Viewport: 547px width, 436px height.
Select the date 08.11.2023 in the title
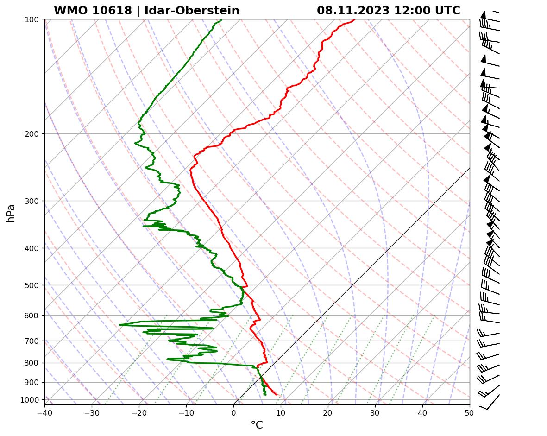point(353,11)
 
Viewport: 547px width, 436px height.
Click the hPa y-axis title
point(11,214)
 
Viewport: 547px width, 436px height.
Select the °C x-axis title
point(257,425)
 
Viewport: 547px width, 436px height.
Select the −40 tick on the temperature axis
point(44,411)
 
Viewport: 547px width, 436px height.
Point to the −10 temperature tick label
point(186,411)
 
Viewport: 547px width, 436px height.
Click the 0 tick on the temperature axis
point(233,411)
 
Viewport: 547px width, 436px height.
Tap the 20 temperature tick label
point(328,411)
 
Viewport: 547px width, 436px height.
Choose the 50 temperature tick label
point(470,411)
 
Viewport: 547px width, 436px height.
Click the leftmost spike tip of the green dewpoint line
point(120,325)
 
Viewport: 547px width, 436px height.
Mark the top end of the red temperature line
point(355,19)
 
